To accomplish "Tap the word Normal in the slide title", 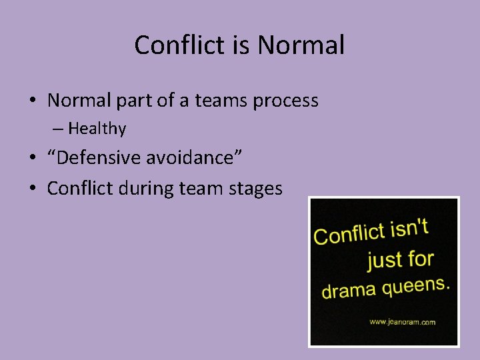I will (x=301, y=45).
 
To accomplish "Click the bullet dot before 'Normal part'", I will (x=32, y=101).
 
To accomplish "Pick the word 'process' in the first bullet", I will (x=285, y=101).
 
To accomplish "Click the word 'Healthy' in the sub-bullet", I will (x=97, y=128).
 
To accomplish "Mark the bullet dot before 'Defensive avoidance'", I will (x=32, y=159).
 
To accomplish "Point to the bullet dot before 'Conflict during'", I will (x=32, y=189).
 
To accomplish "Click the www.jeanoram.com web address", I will (x=402, y=322).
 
